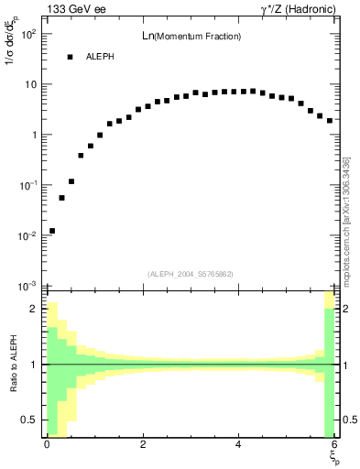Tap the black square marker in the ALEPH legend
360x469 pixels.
tap(70, 57)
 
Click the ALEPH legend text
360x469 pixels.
tap(99, 57)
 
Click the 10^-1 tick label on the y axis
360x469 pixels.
tap(27, 186)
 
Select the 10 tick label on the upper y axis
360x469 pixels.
tap(30, 85)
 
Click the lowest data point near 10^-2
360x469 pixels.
tap(52, 231)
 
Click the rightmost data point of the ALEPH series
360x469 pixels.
tap(329, 120)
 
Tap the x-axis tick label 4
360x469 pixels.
tap(238, 444)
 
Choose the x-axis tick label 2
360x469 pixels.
tap(143, 444)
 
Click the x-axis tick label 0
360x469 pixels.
tap(47, 444)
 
